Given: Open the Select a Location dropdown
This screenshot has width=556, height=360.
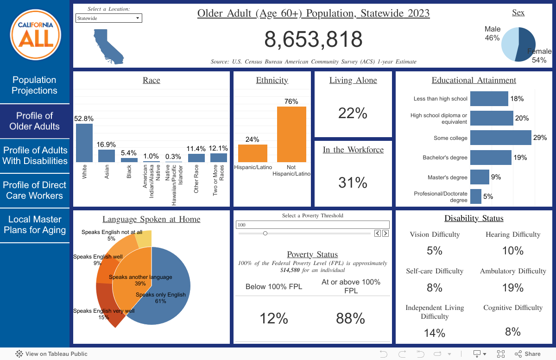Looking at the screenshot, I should point(109,18).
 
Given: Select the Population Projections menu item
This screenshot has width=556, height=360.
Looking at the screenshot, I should point(35,86).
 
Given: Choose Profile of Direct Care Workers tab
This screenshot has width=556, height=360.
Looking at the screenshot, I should point(35,190).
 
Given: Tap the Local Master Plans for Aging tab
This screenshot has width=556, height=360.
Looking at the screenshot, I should point(35,225).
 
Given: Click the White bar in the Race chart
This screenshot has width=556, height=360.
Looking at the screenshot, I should point(84,143).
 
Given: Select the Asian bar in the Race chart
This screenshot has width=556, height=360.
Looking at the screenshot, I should point(106,156).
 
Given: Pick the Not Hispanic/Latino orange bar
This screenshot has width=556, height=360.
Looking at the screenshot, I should point(291,134).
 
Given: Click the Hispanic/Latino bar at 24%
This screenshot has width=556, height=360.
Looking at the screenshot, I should point(253,153).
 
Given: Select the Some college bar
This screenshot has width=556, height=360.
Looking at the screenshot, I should point(500,138).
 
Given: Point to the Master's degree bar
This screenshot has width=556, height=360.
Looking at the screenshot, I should point(480,177).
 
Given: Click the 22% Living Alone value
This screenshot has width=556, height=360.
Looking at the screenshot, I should point(353,113).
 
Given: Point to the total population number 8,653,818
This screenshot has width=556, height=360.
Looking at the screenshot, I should point(314,39).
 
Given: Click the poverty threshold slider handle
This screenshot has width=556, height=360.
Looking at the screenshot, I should point(265,234).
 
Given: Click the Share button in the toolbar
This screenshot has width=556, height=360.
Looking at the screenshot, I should point(528,354).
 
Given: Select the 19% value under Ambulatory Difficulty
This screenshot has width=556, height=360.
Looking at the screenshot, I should point(513,288).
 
